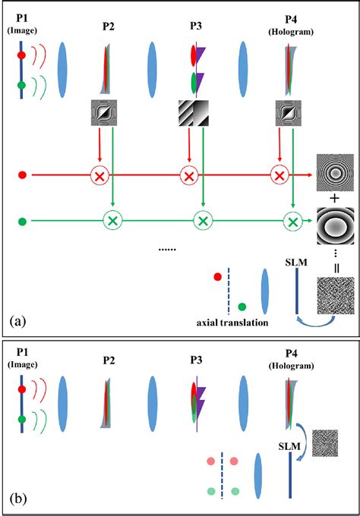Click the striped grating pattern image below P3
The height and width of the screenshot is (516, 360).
[194, 115]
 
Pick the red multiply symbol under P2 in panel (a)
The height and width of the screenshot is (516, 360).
[99, 176]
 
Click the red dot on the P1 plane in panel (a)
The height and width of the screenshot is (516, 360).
[23, 56]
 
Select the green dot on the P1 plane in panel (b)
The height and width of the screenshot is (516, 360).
[23, 419]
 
